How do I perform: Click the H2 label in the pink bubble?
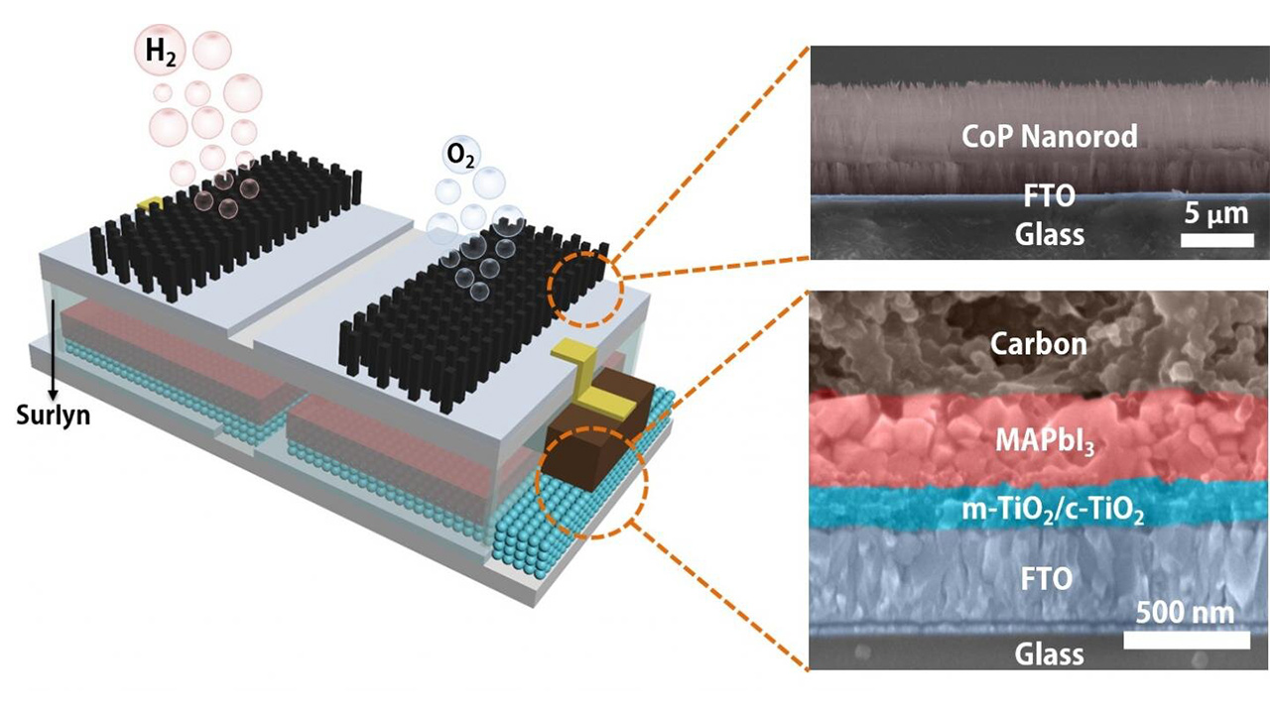click(x=162, y=53)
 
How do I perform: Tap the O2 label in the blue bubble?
click(x=460, y=156)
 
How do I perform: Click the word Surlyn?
click(x=54, y=415)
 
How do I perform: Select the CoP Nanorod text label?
click(x=1050, y=136)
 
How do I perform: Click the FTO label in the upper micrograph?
click(x=1049, y=196)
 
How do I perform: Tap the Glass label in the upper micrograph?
click(x=1050, y=234)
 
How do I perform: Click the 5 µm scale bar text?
click(x=1216, y=215)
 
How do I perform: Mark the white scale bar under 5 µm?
click(x=1216, y=240)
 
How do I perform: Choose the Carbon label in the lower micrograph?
click(x=1039, y=343)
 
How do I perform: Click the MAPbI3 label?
click(x=1045, y=442)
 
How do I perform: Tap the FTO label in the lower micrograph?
click(x=1047, y=579)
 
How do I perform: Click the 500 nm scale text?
click(x=1185, y=613)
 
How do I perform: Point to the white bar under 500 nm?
click(x=1187, y=641)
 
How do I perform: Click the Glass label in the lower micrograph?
click(x=1049, y=654)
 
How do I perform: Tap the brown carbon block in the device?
click(x=595, y=430)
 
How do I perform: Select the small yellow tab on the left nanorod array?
click(x=149, y=203)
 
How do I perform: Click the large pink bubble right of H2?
click(x=212, y=51)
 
